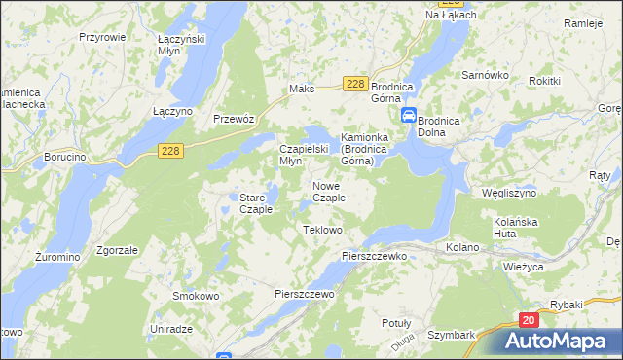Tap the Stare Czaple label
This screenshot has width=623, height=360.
pos(256,203)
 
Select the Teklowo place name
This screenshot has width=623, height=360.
pos(323,230)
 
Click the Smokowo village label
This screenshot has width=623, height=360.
pos(193,296)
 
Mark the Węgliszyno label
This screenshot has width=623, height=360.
pos(509,193)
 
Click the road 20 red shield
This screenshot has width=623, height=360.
pos(529,319)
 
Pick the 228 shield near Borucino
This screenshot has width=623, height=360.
pos(170,149)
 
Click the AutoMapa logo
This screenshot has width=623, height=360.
pos(559,341)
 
